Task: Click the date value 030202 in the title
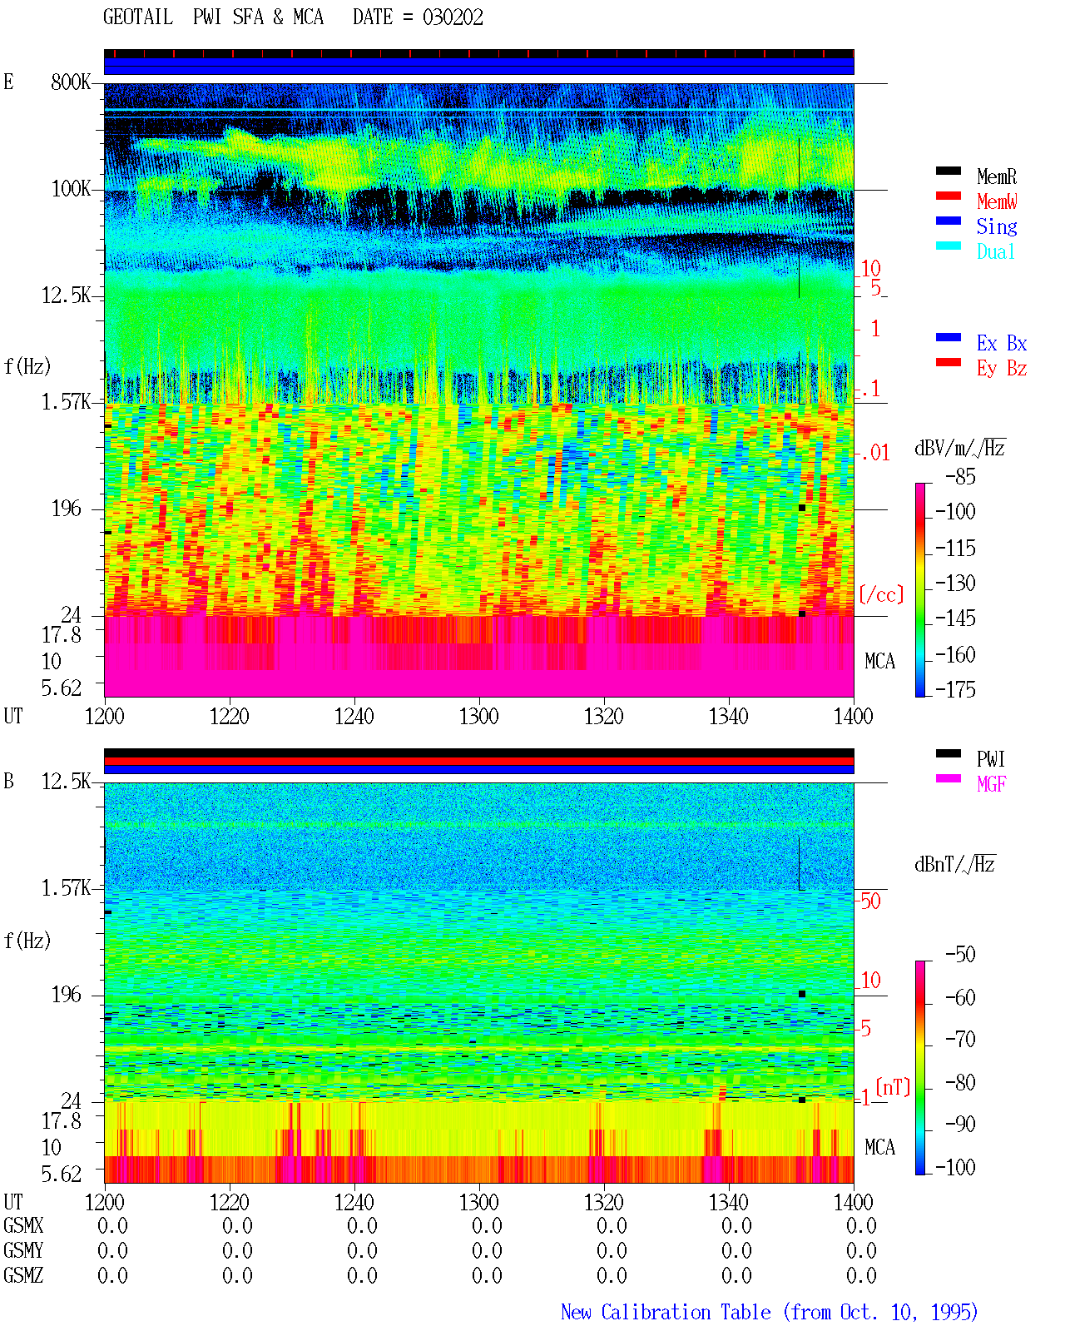coord(452,17)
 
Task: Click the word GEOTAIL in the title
coord(137,17)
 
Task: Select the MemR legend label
coord(996,176)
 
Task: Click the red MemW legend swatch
coord(948,196)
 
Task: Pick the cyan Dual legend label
coord(995,251)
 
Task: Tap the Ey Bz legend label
coord(1001,368)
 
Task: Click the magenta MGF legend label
coord(991,784)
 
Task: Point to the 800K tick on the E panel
coord(70,82)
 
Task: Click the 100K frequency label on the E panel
coord(70,189)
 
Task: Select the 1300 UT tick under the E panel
coord(478,716)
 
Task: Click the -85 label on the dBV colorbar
coord(960,477)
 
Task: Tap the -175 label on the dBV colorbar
coord(955,689)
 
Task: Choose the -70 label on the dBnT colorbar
coord(960,1040)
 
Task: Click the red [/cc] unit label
coord(881,595)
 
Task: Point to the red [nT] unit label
coord(893,1087)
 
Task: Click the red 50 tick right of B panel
coord(870,901)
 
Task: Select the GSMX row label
coord(23,1225)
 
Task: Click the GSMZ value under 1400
coord(861,1275)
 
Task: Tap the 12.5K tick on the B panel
coord(65,782)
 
